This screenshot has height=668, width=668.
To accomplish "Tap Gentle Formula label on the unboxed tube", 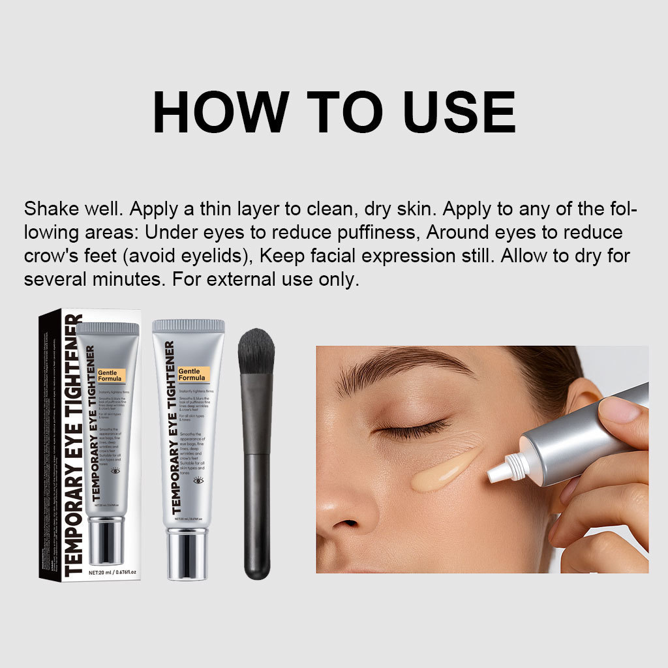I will (192, 374).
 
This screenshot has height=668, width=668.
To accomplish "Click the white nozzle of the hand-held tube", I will (506, 466).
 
